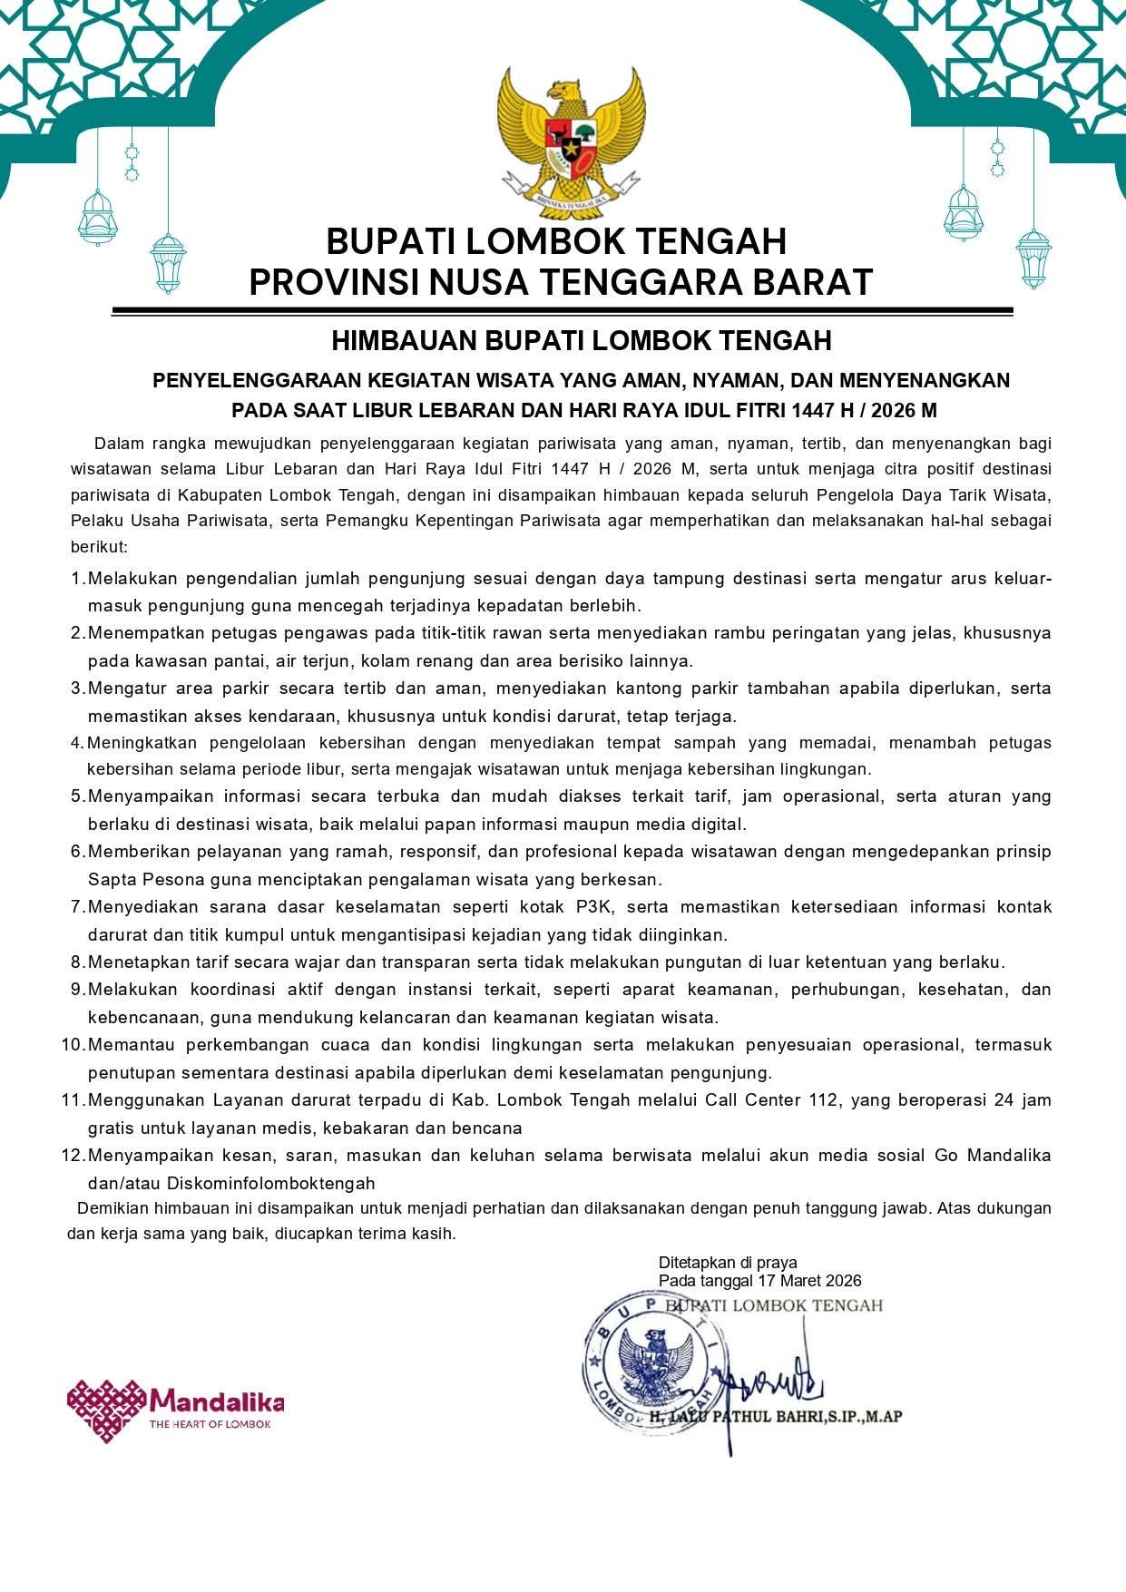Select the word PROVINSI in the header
(x=332, y=282)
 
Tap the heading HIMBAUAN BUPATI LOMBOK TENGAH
(x=581, y=341)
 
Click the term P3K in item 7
(x=594, y=907)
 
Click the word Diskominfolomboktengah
(x=270, y=1184)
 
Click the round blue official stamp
(x=651, y=1361)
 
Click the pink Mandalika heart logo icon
(x=105, y=1410)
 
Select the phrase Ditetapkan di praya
(x=728, y=1263)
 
